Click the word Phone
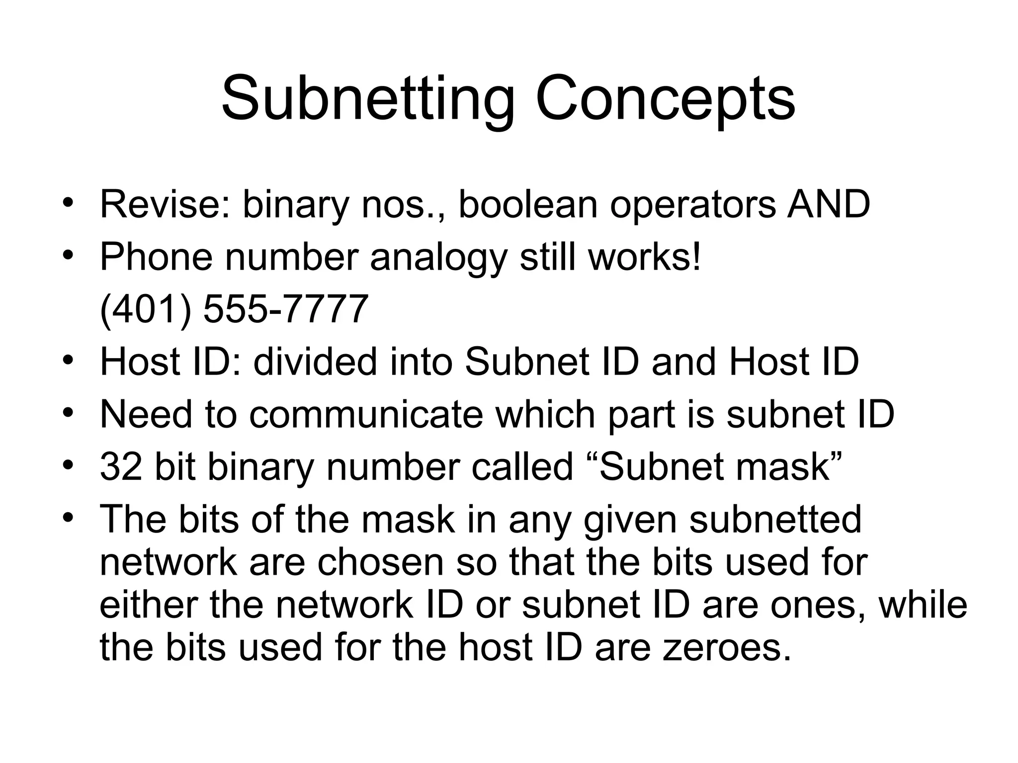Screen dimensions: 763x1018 [x=156, y=257]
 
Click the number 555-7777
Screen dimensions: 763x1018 [x=286, y=309]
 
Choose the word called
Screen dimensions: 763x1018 [x=522, y=467]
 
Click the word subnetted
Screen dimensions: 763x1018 [x=775, y=520]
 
